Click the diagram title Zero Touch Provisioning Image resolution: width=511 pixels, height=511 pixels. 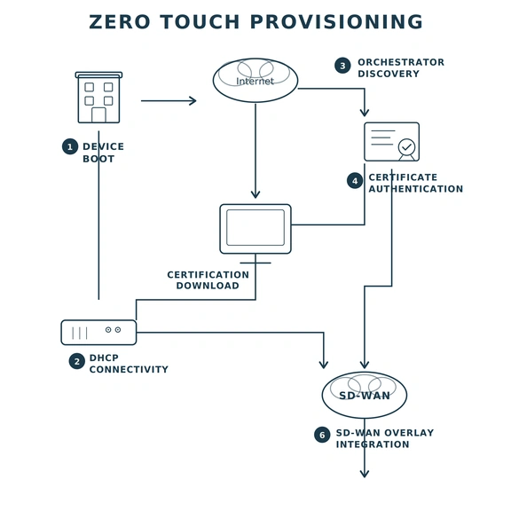tap(255, 22)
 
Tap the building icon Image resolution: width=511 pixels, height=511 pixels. tap(98, 98)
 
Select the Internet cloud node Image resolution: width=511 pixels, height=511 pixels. tap(255, 81)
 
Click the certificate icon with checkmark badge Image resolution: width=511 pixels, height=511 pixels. tap(391, 142)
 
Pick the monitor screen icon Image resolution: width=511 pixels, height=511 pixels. tap(255, 228)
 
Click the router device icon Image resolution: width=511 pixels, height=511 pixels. tap(98, 332)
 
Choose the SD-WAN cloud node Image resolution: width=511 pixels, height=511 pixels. tap(364, 395)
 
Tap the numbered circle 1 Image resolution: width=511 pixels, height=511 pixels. tap(70, 146)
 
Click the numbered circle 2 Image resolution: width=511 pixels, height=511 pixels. tap(77, 361)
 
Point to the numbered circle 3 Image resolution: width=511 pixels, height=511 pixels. tap(342, 66)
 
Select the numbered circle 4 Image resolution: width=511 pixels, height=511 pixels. tap(355, 181)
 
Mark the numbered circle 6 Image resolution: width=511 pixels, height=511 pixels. tap(322, 435)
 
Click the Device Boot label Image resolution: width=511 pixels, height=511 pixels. tap(103, 153)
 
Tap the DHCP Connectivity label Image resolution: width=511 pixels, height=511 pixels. tap(128, 364)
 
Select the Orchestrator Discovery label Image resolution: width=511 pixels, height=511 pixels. tap(400, 68)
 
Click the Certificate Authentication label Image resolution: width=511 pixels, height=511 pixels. tap(415, 183)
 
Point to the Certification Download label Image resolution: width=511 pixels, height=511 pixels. tap(208, 280)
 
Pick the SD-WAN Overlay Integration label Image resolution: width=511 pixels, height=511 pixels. tap(384, 438)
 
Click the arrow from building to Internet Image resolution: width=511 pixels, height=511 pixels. tap(169, 101)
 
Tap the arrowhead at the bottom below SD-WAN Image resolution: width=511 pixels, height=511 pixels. tap(364, 474)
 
